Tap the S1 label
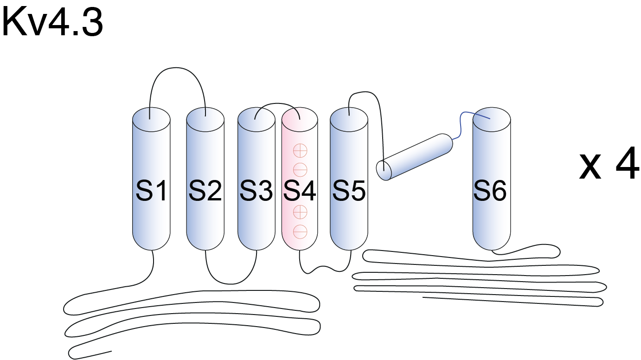pos(151,191)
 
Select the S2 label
pos(205,191)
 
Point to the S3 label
pos(256,191)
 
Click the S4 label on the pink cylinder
pos(300,191)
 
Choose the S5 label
pos(349,191)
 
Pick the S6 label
pos(491,191)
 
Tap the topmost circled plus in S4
pos(300,150)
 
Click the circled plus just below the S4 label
pos(300,212)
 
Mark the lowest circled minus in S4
pos(300,231)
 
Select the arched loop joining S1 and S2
pos(177,75)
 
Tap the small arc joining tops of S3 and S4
pos(276,105)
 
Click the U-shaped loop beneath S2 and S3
pos(231,280)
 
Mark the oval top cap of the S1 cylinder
pos(151,120)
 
